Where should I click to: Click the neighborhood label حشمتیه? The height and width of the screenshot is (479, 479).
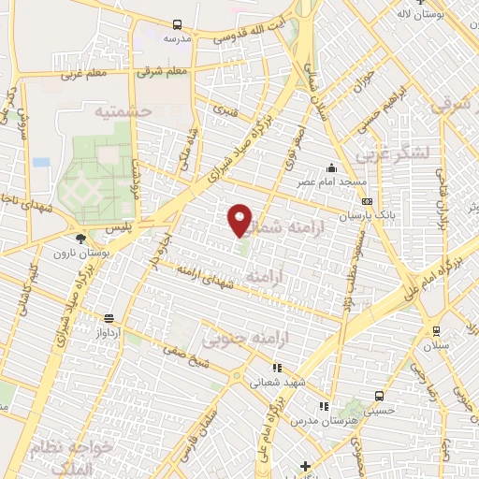point(122,111)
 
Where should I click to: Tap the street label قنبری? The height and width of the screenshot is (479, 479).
point(225,109)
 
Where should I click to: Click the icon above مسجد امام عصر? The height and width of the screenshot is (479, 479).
point(330,168)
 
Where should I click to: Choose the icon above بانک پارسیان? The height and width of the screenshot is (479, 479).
point(367,200)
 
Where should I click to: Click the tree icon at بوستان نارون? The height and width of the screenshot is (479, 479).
point(83,239)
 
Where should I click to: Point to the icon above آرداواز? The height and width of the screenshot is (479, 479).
point(109,318)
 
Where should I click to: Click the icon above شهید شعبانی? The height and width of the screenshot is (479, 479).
point(274,368)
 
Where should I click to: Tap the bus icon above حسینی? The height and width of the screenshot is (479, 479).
point(378,396)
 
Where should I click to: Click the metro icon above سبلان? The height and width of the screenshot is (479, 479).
point(436,330)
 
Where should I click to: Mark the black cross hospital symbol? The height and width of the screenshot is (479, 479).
point(305,466)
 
